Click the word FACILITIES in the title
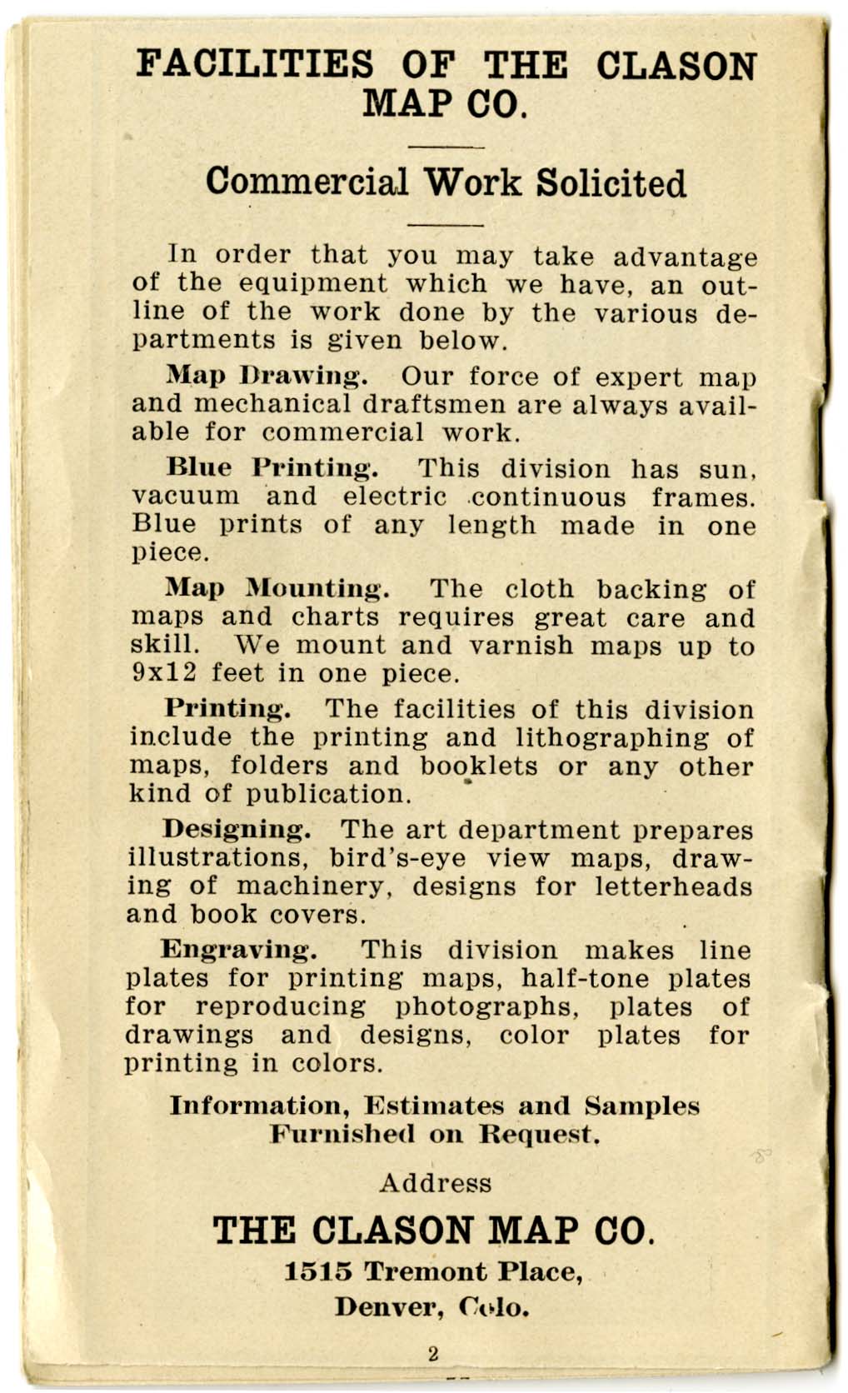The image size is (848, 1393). (x=255, y=66)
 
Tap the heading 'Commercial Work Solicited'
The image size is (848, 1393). (x=446, y=182)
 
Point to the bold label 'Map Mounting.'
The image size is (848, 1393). (x=277, y=588)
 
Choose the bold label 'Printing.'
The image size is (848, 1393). (x=227, y=709)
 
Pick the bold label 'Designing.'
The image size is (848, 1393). (x=237, y=830)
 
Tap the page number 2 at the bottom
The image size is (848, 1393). (x=432, y=1354)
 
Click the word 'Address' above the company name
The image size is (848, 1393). (x=435, y=1183)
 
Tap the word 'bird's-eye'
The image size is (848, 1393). (x=397, y=858)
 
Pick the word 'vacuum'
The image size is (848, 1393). (x=186, y=497)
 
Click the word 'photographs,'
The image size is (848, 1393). (x=487, y=1006)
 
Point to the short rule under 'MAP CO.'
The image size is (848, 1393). (x=447, y=147)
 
